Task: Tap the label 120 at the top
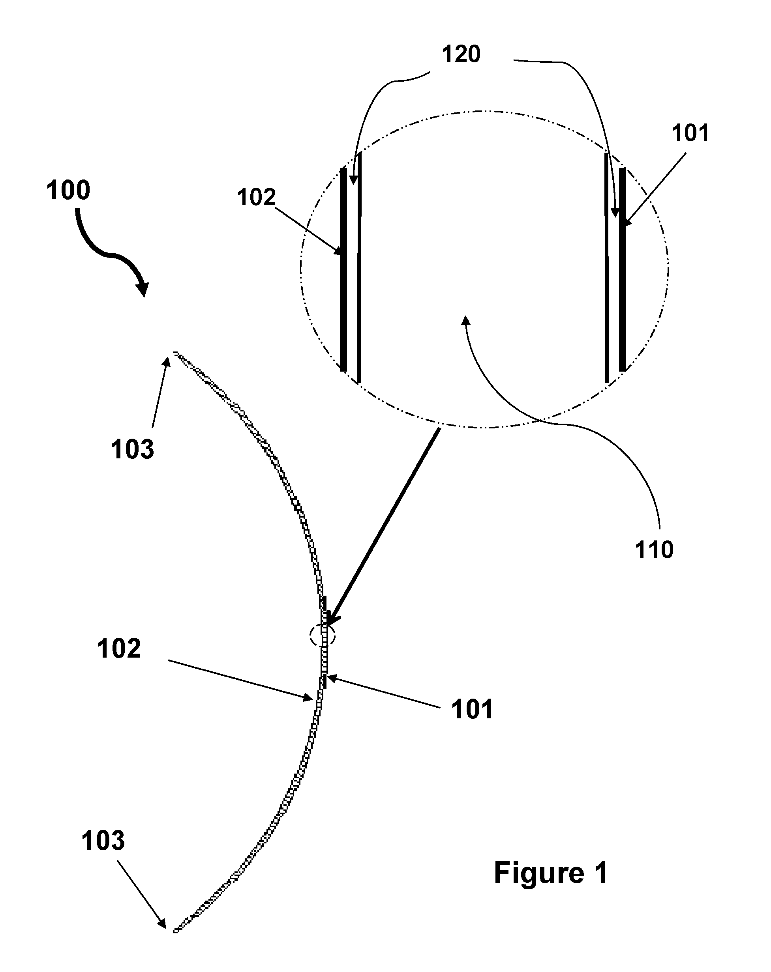tap(461, 54)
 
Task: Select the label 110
tap(654, 550)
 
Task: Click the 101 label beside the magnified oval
tap(690, 133)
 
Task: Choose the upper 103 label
tap(132, 449)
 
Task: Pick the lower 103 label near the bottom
tap(103, 841)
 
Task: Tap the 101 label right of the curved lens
tap(472, 709)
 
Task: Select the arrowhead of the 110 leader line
tap(465, 320)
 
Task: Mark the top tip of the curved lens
tap(174, 353)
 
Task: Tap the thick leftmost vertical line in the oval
tap(343, 269)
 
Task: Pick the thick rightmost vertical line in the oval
tap(623, 269)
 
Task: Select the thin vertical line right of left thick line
tap(359, 268)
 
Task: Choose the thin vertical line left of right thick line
tap(607, 268)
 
